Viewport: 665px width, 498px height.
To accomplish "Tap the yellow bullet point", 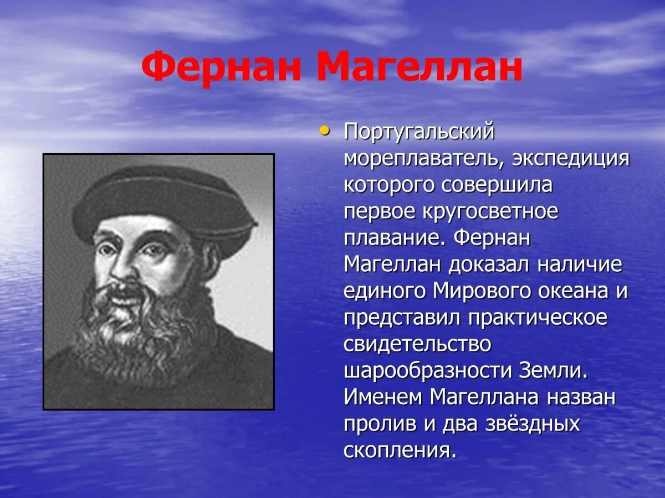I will pos(325,131).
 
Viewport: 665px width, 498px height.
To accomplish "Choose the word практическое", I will pos(537,318).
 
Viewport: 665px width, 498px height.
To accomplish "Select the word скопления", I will pos(399,450).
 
